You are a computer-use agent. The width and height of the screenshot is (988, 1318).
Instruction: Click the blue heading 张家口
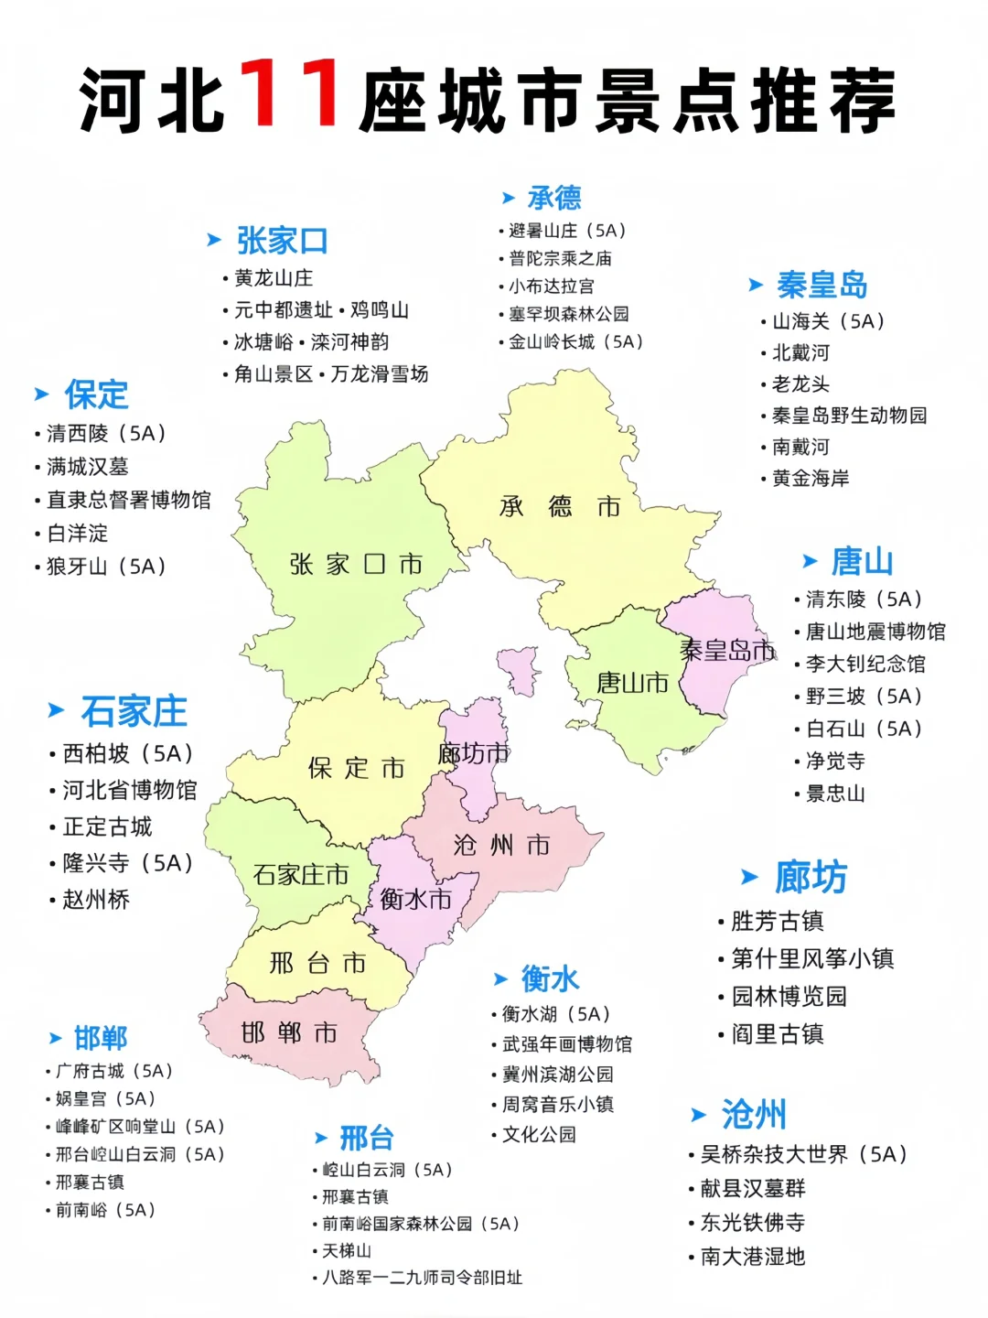tap(282, 241)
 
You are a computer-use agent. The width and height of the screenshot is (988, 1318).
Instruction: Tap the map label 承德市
tap(559, 506)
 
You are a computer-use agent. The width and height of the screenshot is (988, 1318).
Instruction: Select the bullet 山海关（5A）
tap(828, 321)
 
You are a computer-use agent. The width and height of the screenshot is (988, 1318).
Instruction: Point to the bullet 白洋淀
tap(77, 533)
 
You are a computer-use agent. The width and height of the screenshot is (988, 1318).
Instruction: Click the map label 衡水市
tap(416, 899)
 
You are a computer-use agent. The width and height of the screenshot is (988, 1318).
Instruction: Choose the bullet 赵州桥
tap(95, 900)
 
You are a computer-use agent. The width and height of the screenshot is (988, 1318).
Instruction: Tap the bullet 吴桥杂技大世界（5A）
tap(803, 1154)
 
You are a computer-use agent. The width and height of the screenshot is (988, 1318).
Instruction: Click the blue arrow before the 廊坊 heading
tap(749, 878)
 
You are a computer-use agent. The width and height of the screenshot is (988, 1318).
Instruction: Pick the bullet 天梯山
tap(347, 1250)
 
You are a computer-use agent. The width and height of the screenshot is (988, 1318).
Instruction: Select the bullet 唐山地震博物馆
tap(875, 632)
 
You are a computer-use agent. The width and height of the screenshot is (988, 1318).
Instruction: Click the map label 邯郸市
tap(289, 1033)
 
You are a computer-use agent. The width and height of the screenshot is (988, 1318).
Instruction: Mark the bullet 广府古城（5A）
tap(113, 1071)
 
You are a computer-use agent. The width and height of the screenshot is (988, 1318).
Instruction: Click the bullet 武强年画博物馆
tap(566, 1044)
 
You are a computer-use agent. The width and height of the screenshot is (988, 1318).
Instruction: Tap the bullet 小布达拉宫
tap(551, 286)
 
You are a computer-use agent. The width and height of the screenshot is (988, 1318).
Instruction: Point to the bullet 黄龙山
tap(273, 278)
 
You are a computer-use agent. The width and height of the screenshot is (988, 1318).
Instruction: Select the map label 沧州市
tap(501, 844)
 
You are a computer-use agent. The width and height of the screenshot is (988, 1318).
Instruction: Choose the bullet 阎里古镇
tap(777, 1034)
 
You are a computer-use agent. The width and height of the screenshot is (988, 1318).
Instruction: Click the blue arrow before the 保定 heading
tap(41, 394)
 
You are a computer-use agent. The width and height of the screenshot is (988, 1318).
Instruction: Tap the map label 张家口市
tap(356, 564)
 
